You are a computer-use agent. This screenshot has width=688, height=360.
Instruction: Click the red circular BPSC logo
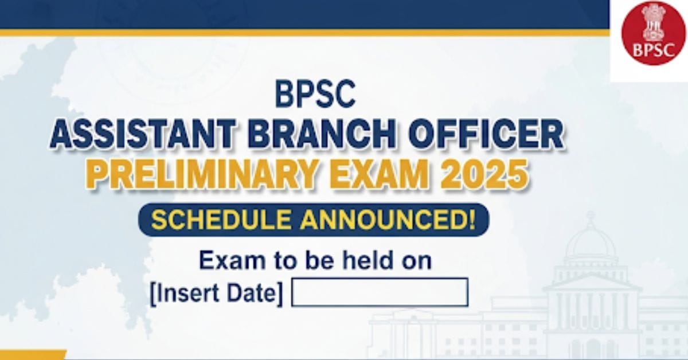click(653, 33)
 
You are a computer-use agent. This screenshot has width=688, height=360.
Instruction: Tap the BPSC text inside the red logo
click(654, 50)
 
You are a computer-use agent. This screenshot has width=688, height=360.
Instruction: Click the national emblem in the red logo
click(653, 23)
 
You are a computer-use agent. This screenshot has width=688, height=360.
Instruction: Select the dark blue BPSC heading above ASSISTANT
click(315, 93)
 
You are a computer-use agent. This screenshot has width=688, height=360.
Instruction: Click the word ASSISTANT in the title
click(143, 135)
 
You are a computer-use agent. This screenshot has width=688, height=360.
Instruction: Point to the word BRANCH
click(322, 135)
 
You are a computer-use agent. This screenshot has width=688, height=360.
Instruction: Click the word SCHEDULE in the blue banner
click(221, 220)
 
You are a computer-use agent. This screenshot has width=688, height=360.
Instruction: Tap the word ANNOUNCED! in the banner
click(388, 220)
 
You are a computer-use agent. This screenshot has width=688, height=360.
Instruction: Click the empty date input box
click(380, 292)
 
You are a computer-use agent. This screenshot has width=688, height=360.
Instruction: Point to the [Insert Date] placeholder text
click(217, 294)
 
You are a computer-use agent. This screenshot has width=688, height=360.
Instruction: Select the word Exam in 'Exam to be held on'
click(232, 260)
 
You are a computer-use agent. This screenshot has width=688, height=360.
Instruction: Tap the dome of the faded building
click(590, 242)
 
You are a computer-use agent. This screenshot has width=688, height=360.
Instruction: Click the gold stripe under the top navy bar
click(304, 33)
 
